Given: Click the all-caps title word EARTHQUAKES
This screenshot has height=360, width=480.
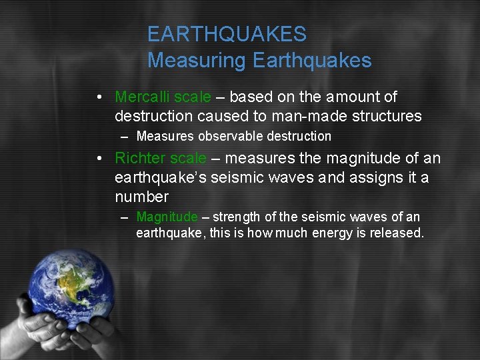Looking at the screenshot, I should coord(227,34).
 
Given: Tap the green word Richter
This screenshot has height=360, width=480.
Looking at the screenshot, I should coord(140,158).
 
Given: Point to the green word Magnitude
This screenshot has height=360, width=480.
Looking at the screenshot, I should coord(167,217).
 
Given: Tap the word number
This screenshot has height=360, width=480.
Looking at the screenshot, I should coord(141,197).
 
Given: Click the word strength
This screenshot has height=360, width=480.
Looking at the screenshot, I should coord(242,217).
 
